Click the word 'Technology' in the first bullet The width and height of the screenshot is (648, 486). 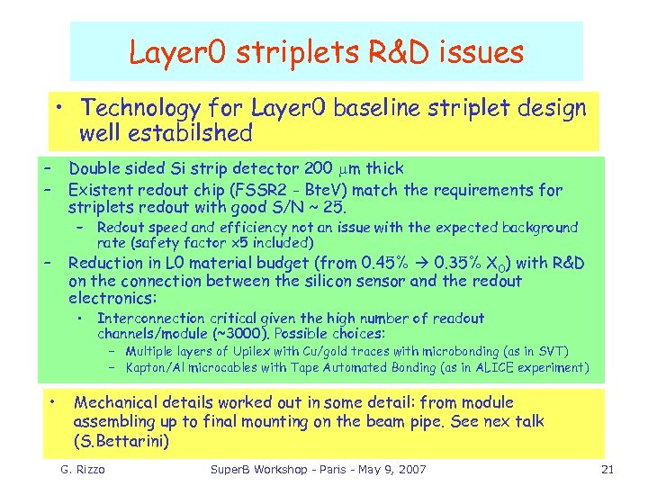pos(139,109)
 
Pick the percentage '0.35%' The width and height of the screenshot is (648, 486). pos(454,263)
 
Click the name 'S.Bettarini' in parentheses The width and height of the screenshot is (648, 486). pos(125,441)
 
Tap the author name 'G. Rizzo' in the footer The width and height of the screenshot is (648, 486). pos(84,470)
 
